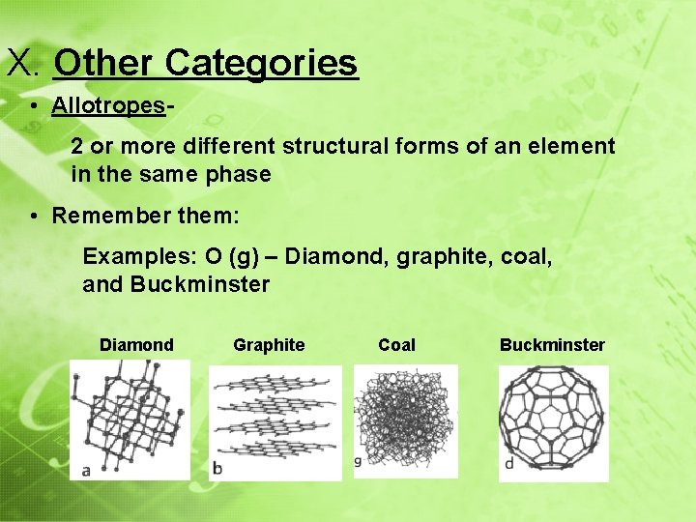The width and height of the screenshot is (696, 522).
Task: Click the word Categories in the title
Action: [261, 64]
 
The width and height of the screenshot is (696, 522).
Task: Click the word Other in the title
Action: [104, 64]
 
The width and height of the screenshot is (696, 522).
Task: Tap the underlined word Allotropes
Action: [108, 105]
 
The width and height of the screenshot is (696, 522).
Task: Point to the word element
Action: [573, 147]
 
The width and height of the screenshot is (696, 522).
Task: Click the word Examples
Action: [136, 257]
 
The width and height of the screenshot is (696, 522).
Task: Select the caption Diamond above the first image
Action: [136, 345]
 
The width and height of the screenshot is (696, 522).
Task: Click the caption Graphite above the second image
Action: [269, 345]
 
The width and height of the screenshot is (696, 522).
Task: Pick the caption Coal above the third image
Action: [396, 345]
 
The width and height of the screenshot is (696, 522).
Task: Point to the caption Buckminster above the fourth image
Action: [552, 345]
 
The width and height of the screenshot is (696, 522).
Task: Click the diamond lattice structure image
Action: [130, 418]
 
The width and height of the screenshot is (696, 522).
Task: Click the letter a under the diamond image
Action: [87, 471]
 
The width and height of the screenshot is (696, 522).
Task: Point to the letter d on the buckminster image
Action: [508, 464]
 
